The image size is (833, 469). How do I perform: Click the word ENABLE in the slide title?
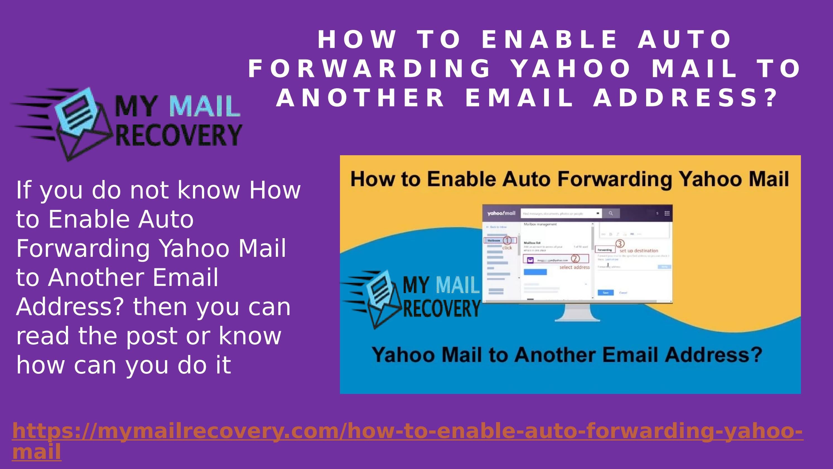[x=549, y=39]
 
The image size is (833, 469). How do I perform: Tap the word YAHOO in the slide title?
[x=571, y=68]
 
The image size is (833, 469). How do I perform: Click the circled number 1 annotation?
[x=507, y=240]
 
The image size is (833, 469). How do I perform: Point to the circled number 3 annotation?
[x=619, y=243]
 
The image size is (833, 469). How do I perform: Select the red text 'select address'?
[x=574, y=267]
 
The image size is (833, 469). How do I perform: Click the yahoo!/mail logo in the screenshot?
[x=501, y=213]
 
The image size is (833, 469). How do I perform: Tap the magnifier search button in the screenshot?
[x=610, y=213]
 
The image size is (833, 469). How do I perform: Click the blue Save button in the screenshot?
[x=605, y=293]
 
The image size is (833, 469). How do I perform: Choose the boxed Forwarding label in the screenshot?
[x=604, y=250]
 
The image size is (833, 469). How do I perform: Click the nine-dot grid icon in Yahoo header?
[x=667, y=213]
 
